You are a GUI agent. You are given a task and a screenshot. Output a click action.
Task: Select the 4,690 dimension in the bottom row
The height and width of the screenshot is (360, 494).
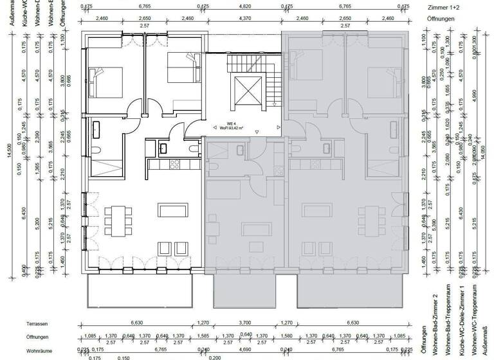(x=245, y=350)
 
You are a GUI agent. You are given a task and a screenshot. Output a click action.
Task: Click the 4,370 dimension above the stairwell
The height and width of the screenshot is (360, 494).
(x=245, y=19)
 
